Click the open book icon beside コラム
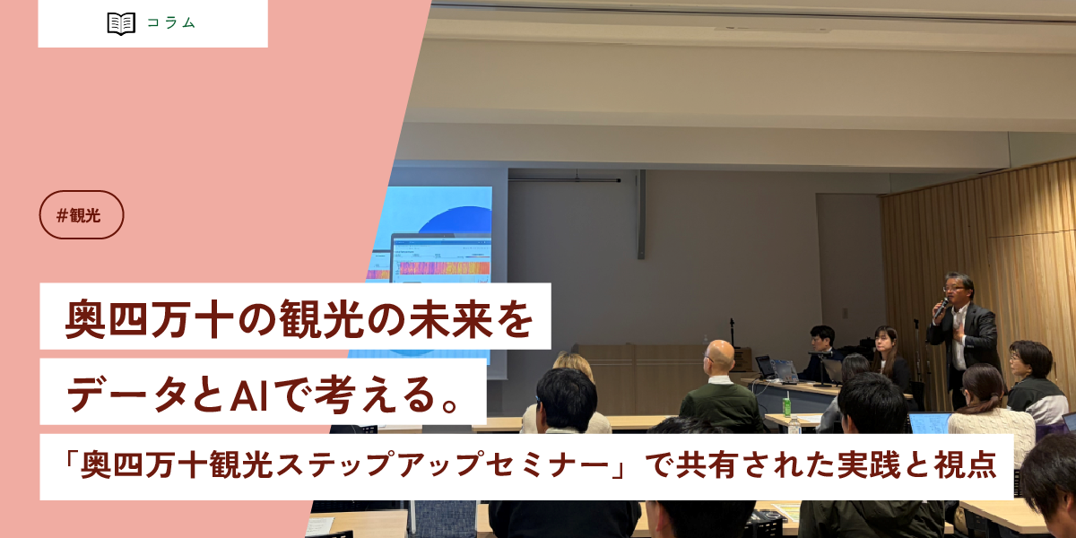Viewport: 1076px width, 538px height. pos(121,23)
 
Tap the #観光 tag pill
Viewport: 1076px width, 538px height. pos(82,215)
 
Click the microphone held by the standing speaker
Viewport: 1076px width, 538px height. pos(940,308)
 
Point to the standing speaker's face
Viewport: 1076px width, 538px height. pos(956,291)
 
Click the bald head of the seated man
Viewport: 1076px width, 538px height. pos(719,356)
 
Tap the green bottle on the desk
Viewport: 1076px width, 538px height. pos(786,405)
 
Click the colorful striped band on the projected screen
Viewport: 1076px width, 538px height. pos(444,266)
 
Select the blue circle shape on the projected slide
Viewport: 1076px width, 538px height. pos(457,220)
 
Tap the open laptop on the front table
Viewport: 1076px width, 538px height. pos(782,369)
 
